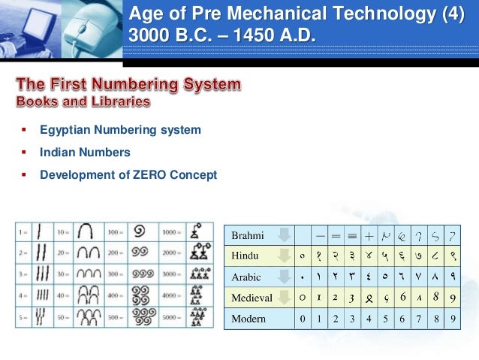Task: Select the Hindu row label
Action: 246,256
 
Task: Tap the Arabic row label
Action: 246,277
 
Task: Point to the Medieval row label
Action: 252,298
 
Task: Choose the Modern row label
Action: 249,319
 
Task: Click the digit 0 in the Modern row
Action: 302,319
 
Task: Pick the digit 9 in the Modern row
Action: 452,319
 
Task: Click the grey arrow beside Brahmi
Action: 283,235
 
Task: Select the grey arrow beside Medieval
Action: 283,298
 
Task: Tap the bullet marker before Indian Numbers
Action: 23,153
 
